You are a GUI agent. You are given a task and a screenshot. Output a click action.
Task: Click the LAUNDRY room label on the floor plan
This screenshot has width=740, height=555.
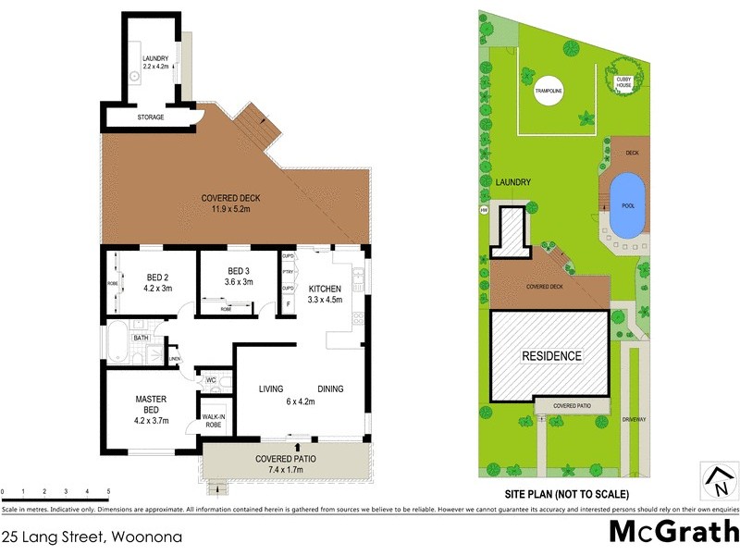click(x=155, y=63)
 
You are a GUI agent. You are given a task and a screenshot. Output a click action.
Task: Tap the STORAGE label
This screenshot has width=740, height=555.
click(x=151, y=117)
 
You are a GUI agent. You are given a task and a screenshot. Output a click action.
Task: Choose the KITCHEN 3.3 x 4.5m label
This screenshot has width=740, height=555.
click(x=325, y=293)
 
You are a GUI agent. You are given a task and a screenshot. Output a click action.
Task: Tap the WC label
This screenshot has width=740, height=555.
click(x=211, y=379)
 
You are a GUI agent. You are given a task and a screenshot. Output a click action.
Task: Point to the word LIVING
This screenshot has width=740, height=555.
click(x=271, y=388)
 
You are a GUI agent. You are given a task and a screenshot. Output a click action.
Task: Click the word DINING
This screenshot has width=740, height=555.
click(x=330, y=388)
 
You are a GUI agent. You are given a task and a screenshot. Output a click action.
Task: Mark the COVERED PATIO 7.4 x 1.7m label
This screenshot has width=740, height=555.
click(x=283, y=465)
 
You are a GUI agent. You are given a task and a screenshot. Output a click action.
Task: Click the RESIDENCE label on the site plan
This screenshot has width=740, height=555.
click(x=551, y=355)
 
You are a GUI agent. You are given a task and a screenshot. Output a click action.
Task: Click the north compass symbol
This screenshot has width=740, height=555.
click(x=718, y=481)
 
